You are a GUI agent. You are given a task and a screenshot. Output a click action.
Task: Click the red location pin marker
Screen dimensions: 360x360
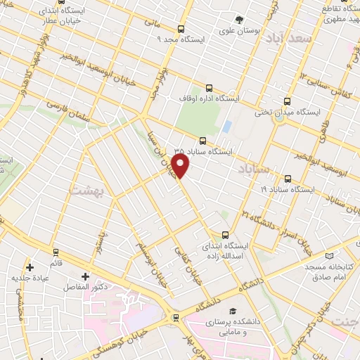point(181,166)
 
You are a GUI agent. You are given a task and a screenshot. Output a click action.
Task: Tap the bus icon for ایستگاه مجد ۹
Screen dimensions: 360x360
point(181,29)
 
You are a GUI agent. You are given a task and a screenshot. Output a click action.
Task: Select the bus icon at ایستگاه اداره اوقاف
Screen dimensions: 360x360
point(209,89)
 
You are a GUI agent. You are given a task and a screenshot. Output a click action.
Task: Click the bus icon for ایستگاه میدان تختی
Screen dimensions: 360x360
point(287,101)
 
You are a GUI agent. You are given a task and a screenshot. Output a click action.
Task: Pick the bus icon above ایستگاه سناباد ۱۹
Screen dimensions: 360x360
point(287,179)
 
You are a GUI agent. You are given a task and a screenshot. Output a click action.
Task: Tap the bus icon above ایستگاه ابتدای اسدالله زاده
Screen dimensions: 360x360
point(225,235)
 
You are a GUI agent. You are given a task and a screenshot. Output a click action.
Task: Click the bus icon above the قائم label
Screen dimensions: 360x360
point(55,251)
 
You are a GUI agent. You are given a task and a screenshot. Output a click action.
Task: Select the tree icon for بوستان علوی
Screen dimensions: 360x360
point(239,19)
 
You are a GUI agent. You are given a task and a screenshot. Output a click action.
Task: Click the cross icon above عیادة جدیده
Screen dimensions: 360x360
point(30,267)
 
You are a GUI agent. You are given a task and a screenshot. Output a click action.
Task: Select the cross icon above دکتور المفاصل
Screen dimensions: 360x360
point(85,276)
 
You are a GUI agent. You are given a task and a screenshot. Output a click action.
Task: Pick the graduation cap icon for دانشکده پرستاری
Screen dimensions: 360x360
point(232,311)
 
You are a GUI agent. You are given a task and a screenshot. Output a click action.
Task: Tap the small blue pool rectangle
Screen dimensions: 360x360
point(226,127)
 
